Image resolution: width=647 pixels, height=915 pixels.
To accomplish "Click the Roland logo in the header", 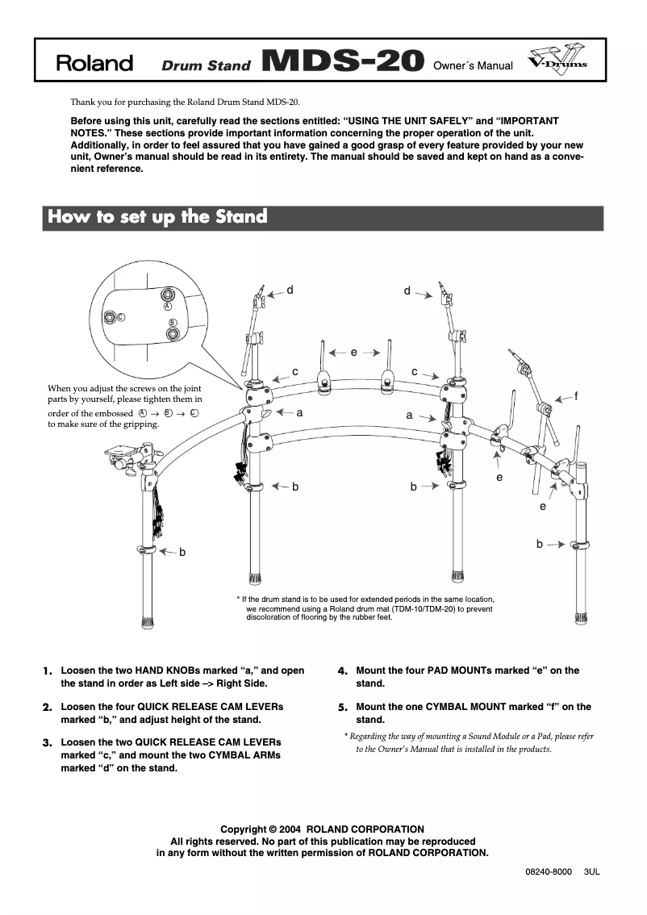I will (x=94, y=64).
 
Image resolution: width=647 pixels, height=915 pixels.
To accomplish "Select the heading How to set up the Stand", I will (x=158, y=217).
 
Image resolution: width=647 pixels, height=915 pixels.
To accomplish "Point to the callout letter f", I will (x=576, y=396).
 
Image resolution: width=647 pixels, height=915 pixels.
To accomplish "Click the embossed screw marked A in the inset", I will (x=168, y=295).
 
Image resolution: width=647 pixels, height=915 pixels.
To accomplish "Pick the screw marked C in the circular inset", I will (x=111, y=317).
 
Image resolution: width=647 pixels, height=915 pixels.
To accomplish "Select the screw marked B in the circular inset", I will (x=173, y=332).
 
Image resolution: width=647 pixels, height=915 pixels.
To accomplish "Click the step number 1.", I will (x=48, y=671).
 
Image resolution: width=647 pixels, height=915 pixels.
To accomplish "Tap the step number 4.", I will (x=342, y=671).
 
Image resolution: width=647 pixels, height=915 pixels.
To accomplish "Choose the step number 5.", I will (x=342, y=708).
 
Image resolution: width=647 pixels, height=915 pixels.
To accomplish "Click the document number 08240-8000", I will (x=549, y=872).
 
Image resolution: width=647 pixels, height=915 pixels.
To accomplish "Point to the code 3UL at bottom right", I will (x=592, y=872).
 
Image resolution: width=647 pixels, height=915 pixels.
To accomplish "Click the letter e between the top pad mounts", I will (x=354, y=352).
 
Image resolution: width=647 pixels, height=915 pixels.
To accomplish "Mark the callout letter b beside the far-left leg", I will (x=182, y=552).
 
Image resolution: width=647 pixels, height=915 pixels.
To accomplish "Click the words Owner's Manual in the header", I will (x=473, y=65).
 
